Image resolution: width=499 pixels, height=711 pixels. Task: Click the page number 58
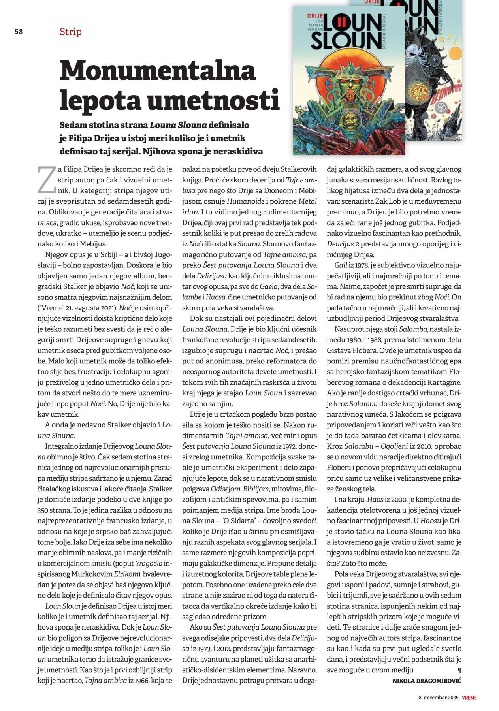click(x=19, y=32)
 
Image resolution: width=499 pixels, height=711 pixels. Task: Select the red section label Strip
click(x=70, y=32)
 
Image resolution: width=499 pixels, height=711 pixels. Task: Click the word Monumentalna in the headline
click(x=158, y=70)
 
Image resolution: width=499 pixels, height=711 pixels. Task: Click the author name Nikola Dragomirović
click(x=427, y=681)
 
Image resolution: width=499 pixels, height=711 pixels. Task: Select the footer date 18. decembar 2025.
click(x=438, y=697)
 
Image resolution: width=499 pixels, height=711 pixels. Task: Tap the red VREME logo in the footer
click(x=469, y=697)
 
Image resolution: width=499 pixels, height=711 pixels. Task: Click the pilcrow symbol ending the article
click(x=459, y=670)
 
